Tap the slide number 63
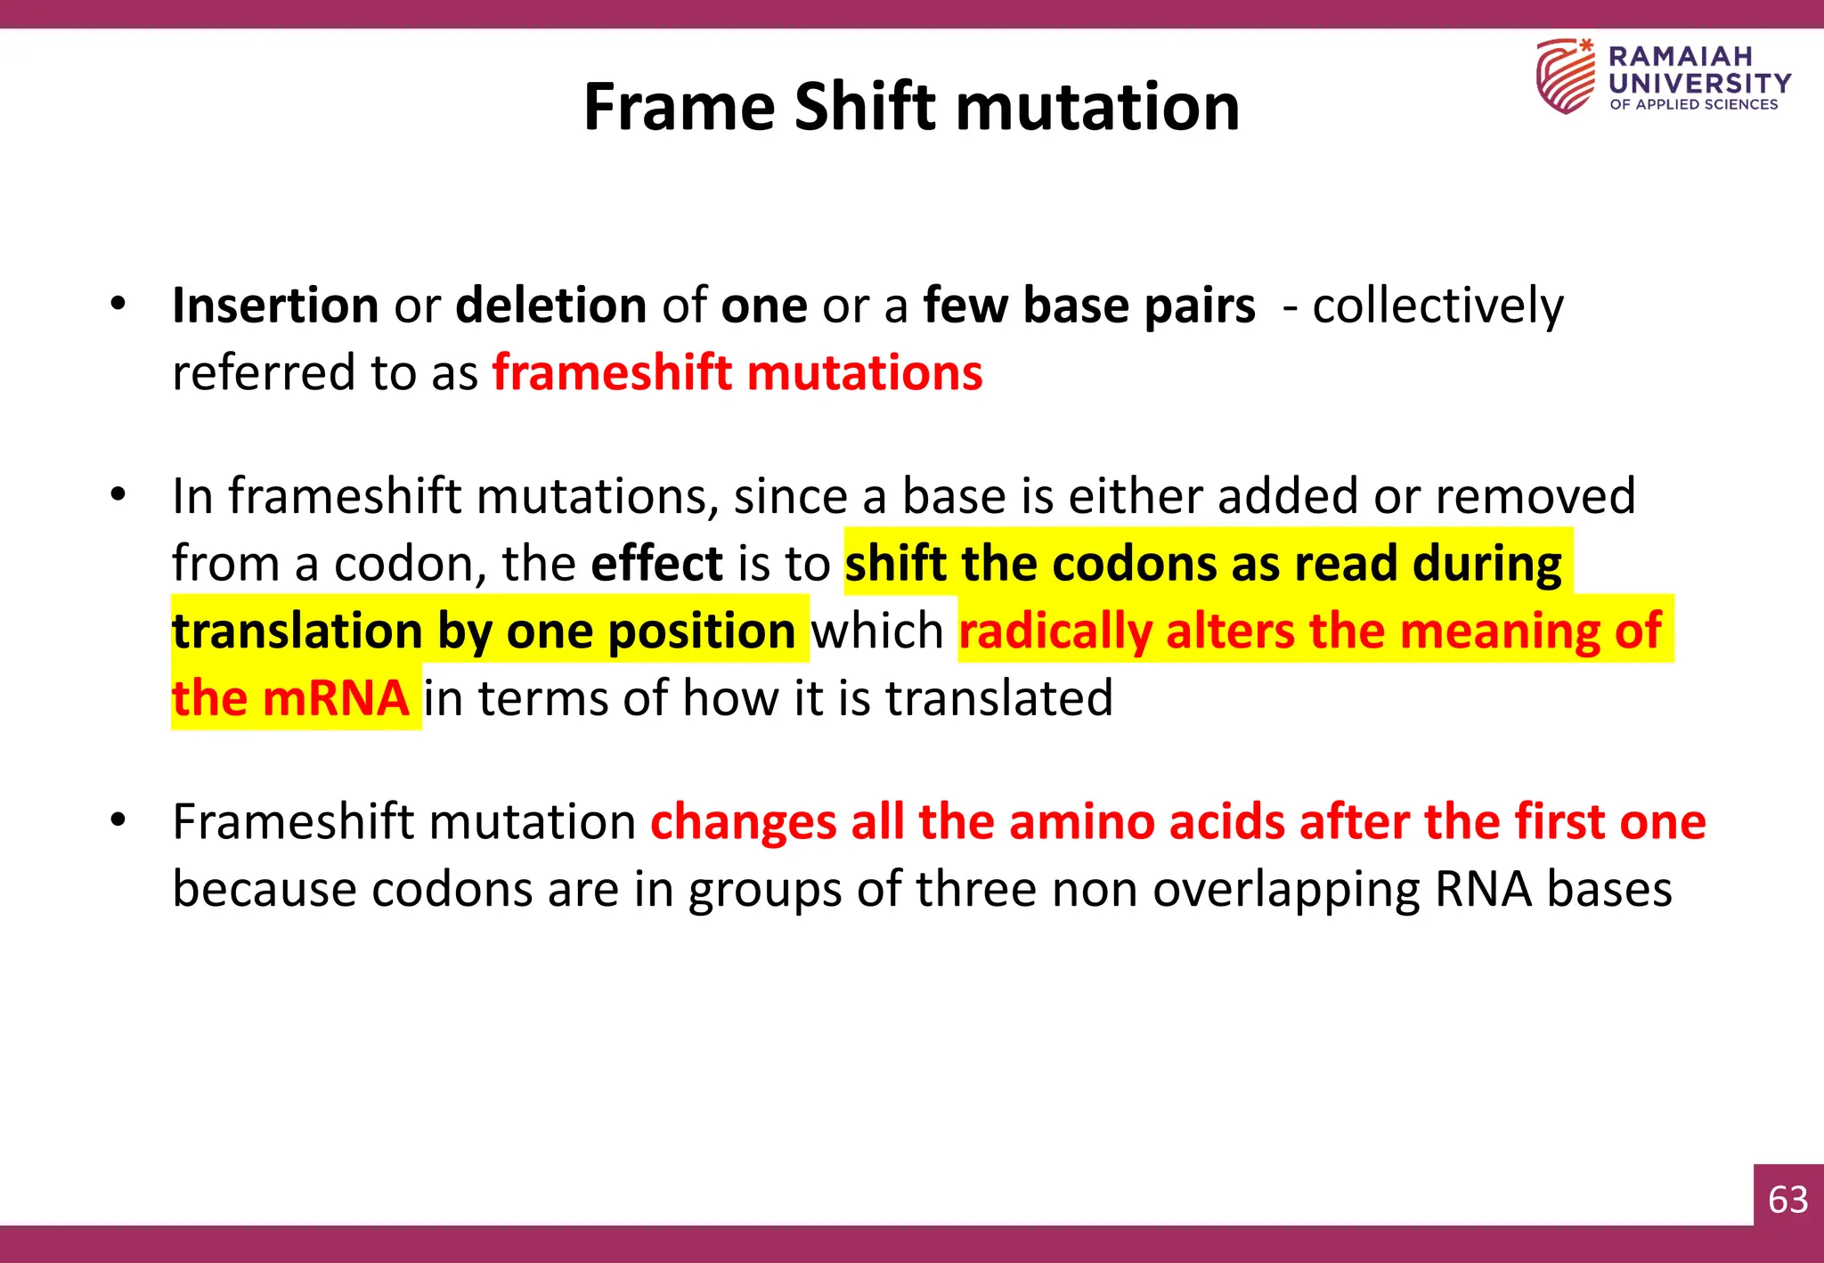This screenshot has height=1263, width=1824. pyautogui.click(x=1787, y=1200)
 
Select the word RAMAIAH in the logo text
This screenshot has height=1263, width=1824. pyautogui.click(x=1680, y=56)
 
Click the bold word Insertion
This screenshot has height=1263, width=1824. pyautogui.click(x=275, y=306)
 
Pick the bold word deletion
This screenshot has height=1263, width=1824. pyautogui.click(x=550, y=306)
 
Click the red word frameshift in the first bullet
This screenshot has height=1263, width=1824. pyautogui.click(x=613, y=372)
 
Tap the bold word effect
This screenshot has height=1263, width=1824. pyautogui.click(x=656, y=564)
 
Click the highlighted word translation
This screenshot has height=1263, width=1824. pyautogui.click(x=297, y=631)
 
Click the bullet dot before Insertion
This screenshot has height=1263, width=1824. pyautogui.click(x=118, y=305)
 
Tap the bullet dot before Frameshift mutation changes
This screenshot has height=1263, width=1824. pyautogui.click(x=118, y=819)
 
